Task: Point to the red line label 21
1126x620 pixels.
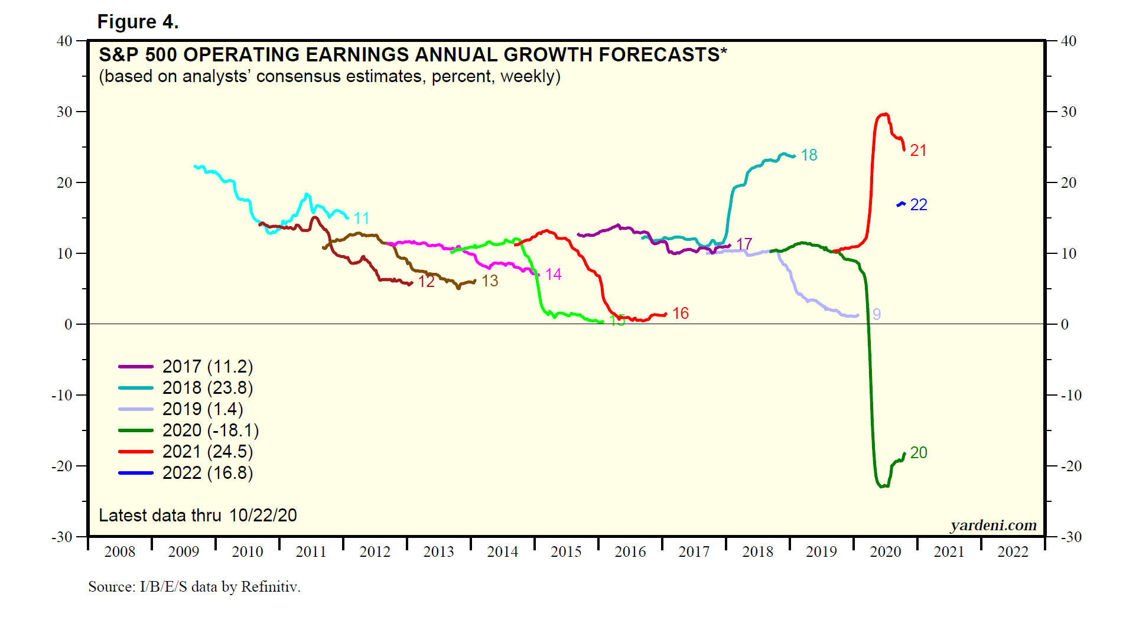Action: point(918,151)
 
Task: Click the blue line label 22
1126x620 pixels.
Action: point(919,205)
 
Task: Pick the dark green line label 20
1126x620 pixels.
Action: point(919,453)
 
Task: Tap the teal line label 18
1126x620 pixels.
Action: point(809,155)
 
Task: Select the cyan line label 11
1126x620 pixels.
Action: point(362,218)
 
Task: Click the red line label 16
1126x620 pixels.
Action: point(681,314)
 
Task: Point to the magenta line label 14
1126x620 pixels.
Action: point(554,275)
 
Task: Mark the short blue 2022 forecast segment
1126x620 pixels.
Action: point(901,204)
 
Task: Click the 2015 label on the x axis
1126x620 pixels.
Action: point(566,552)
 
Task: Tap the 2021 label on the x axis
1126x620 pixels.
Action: point(949,552)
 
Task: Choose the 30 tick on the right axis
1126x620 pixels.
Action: point(1069,112)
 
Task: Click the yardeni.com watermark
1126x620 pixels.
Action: point(993,525)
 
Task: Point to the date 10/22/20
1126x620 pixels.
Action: point(263,515)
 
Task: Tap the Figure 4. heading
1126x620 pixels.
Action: point(138,22)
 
